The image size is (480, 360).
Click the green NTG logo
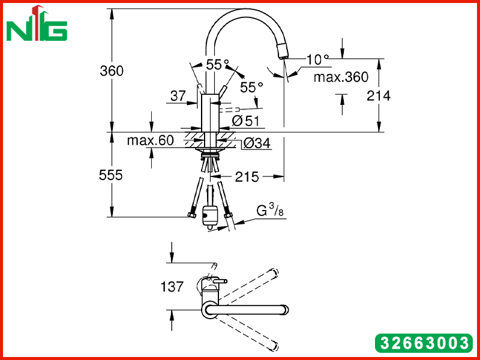tap(37, 23)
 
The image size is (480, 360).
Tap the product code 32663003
tap(424, 343)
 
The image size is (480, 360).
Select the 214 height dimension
tap(379, 96)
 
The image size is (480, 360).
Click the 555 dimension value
tap(111, 175)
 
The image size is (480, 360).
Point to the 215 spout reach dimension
tap(247, 177)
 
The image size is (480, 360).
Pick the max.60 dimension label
tap(151, 140)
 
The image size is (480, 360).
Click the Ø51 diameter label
tap(245, 121)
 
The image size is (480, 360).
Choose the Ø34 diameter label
tap(257, 143)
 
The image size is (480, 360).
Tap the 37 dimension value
tap(178, 96)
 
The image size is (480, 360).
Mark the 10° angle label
tap(317, 59)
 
